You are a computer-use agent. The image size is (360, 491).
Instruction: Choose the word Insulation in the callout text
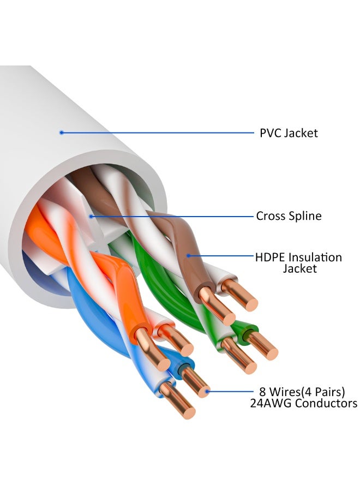(315, 257)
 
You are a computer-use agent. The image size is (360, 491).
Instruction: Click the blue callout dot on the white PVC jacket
(62, 132)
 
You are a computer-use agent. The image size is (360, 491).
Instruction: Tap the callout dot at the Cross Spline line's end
(92, 216)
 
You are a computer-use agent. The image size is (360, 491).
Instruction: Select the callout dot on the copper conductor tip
(207, 391)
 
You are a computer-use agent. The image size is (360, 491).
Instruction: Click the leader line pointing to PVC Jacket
(158, 132)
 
